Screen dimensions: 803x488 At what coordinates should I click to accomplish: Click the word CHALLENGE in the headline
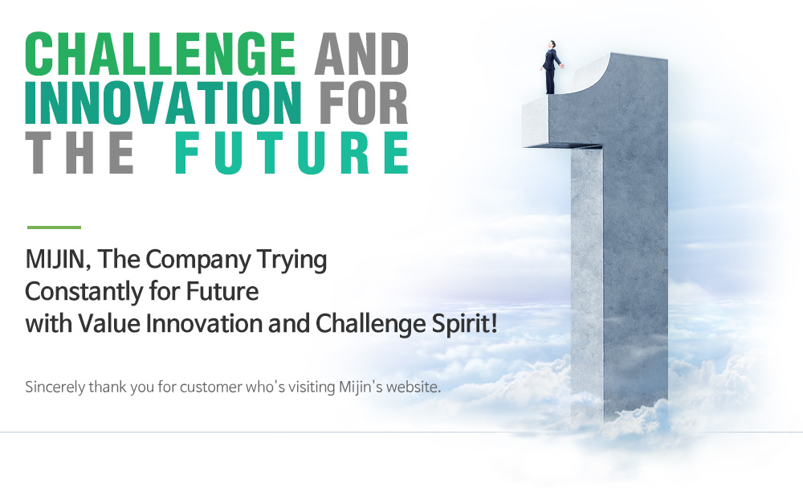(x=161, y=54)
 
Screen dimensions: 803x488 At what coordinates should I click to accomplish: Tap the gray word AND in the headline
(x=361, y=54)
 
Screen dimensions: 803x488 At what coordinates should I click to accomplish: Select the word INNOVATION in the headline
(x=163, y=103)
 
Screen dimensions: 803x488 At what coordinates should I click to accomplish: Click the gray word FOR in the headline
(x=364, y=103)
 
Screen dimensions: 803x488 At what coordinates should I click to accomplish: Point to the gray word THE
(x=79, y=152)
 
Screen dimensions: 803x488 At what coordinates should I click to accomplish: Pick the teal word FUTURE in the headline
(x=291, y=153)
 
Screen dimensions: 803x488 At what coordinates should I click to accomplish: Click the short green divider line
(x=54, y=227)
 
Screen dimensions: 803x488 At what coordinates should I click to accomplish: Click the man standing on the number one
(x=552, y=68)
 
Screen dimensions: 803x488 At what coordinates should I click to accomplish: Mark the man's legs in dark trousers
(x=550, y=81)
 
